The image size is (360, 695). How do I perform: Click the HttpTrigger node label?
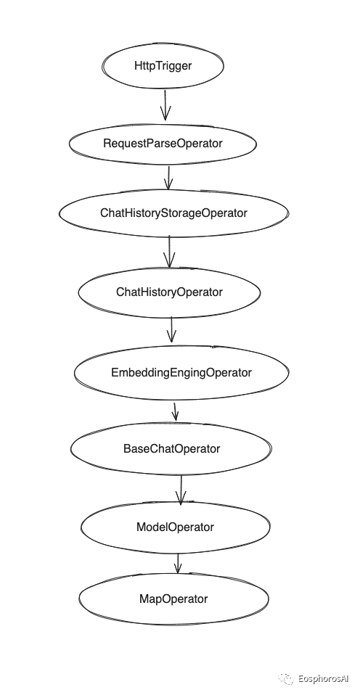coord(163,65)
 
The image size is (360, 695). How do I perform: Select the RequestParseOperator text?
coord(163,144)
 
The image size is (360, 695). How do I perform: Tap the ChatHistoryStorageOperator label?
coord(173,213)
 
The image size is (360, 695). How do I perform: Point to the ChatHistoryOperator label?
coord(169,292)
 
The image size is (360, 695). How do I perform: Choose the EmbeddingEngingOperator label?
coord(181,372)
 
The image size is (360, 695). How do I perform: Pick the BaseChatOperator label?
coord(171,448)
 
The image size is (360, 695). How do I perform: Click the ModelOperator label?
coord(175,527)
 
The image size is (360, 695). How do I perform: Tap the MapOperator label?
coord(173,599)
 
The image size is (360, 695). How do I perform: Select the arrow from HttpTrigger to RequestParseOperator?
coord(165,105)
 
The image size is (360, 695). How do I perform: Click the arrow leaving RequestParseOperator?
coord(168,177)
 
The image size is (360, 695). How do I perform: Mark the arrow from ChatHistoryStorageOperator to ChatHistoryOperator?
coord(169,251)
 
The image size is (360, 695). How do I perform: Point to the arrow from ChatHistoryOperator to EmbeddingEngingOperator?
coord(171,329)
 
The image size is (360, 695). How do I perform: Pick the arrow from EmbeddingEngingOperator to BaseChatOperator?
coord(175,412)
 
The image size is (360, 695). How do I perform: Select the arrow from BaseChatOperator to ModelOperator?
coord(180,490)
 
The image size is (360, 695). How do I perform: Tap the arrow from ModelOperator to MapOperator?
coord(178,563)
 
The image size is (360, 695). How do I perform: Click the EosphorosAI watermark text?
coord(323,679)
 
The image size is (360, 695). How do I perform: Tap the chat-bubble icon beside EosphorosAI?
coord(286,679)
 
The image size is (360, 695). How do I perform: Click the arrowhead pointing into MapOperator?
coord(178,569)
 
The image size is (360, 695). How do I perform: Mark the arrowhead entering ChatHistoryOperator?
coord(169,261)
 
